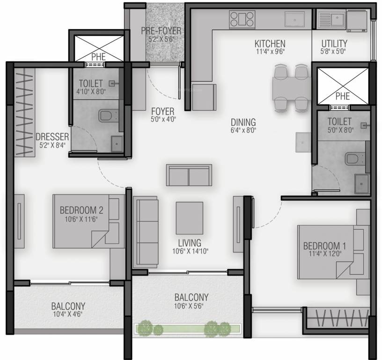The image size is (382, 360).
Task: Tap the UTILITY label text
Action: tap(334, 44)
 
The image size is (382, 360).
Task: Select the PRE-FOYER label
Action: tap(161, 31)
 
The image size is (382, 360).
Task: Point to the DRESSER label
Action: tap(52, 137)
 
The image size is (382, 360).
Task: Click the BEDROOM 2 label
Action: tap(81, 210)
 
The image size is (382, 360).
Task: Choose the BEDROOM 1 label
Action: tap(324, 246)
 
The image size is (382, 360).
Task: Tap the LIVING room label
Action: tap(189, 243)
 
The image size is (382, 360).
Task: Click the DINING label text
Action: tap(243, 122)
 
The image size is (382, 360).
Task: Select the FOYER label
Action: tap(162, 112)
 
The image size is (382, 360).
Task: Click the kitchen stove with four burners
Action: tap(242, 20)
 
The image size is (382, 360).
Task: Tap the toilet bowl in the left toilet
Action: tap(106, 115)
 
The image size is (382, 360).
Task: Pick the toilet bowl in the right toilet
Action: tap(353, 159)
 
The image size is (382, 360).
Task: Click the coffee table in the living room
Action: tap(189, 217)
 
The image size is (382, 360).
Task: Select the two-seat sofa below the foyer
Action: tap(189, 175)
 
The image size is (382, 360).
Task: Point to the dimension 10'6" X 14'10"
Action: tap(189, 252)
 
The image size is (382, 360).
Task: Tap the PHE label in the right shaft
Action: tap(343, 96)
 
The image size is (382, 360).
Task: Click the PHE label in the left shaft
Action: tap(98, 57)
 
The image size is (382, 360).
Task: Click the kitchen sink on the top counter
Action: tap(295, 20)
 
